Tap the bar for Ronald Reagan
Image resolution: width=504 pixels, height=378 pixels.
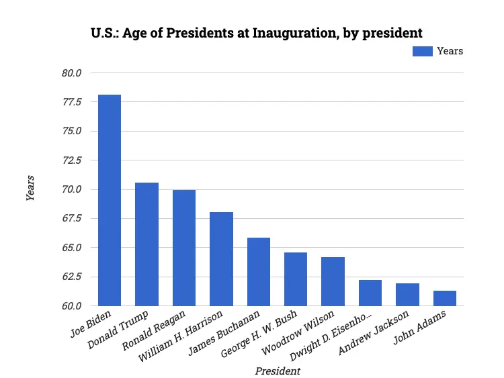184,248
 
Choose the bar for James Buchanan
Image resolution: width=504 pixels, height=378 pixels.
259,271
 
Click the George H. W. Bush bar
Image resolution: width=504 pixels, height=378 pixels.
296,279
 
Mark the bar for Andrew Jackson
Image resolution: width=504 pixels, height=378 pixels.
407,294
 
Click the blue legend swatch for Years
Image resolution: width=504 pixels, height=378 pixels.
422,51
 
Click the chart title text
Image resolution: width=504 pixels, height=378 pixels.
257,32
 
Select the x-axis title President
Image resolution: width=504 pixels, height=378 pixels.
278,371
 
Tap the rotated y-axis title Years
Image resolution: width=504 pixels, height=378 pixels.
30,189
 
